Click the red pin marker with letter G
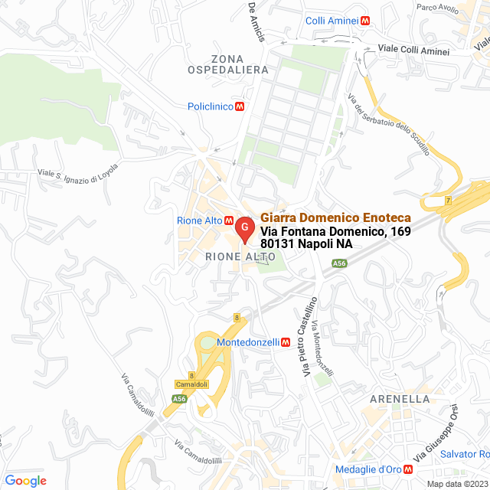click(244, 229)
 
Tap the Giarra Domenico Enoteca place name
click(336, 217)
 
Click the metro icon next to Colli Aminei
click(365, 21)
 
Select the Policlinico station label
click(210, 106)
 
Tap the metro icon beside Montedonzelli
click(285, 342)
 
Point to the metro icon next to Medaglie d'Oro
click(407, 469)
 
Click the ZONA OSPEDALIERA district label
click(228, 64)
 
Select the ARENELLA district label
click(400, 399)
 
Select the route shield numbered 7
click(449, 201)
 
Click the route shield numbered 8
click(237, 317)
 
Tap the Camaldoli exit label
click(191, 384)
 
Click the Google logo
click(26, 481)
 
